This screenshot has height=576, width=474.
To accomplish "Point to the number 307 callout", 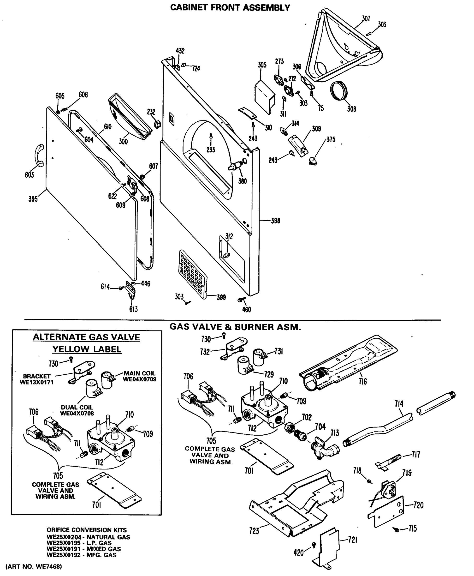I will [366, 18].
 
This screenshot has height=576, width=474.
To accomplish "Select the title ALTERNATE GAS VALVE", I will [86, 337].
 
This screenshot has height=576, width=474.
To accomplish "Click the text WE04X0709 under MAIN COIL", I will [139, 379].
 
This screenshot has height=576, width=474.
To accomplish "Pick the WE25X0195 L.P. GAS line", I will [79, 543].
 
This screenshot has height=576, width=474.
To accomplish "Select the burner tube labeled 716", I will [347, 363].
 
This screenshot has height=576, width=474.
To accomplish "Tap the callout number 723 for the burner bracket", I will [254, 531].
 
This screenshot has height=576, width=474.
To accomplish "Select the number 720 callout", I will [418, 505].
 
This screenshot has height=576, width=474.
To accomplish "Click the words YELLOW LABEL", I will [87, 349].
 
